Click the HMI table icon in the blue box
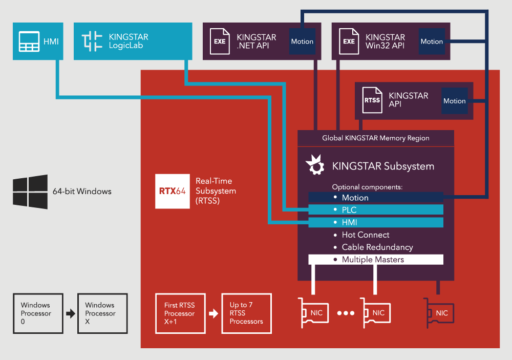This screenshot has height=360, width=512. point(29,41)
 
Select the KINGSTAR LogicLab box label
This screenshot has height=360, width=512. point(129,41)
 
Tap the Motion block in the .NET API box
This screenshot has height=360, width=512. point(302,41)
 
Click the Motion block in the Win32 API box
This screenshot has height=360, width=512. point(432,41)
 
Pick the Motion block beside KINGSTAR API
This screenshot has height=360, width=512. point(455,101)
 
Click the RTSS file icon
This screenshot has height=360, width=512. point(372,100)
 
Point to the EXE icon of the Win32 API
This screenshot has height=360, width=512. point(349,41)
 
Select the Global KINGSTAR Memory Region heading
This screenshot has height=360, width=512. point(376,138)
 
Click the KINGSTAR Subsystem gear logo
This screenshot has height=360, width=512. point(315,165)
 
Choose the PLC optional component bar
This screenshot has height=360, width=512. point(375,210)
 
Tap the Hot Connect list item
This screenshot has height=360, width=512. point(365,235)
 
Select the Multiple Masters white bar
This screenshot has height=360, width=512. point(375,260)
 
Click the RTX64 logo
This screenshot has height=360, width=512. point(172,192)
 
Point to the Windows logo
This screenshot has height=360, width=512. point(30,192)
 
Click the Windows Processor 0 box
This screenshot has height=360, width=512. point(38,313)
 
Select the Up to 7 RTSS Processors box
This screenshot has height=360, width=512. point(246,313)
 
